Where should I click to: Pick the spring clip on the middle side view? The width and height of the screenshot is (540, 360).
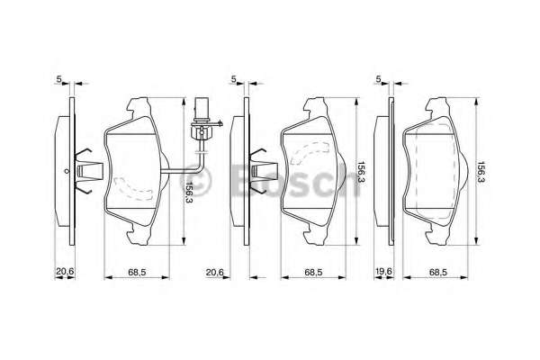pyautogui.click(x=261, y=168)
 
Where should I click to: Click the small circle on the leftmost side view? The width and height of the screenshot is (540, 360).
pyautogui.click(x=67, y=169)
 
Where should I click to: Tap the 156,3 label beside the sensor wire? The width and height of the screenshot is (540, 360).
pyautogui.click(x=186, y=191)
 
